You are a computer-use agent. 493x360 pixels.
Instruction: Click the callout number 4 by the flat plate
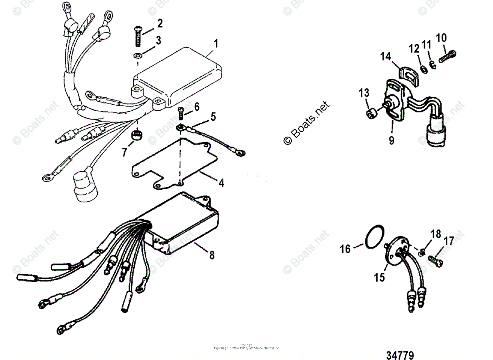click(x=221, y=183)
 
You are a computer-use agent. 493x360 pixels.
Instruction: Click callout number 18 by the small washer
click(x=435, y=234)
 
